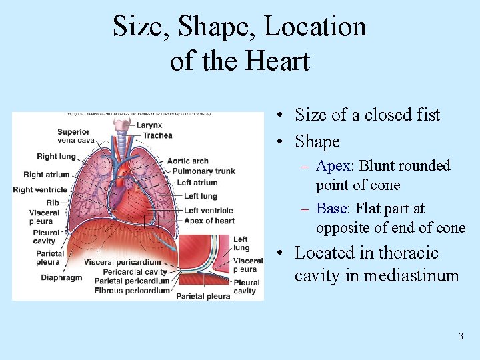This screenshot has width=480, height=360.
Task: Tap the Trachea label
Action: pyautogui.click(x=158, y=135)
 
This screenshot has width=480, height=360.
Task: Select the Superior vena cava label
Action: pyautogui.click(x=73, y=136)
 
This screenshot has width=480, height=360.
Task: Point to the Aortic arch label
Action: pyautogui.click(x=187, y=161)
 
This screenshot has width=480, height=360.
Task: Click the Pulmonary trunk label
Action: pyautogui.click(x=203, y=171)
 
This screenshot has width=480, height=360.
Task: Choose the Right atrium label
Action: pyautogui.click(x=46, y=175)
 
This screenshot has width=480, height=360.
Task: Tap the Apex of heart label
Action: pyautogui.click(x=209, y=221)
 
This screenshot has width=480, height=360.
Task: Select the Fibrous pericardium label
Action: pyautogui.click(x=132, y=291)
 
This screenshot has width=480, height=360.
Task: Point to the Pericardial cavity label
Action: pyautogui.click(x=135, y=272)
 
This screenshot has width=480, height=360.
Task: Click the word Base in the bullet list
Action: pyautogui.click(x=331, y=209)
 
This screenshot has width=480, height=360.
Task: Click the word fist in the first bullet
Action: pyautogui.click(x=427, y=115)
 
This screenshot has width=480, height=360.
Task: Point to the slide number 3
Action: pyautogui.click(x=461, y=337)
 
